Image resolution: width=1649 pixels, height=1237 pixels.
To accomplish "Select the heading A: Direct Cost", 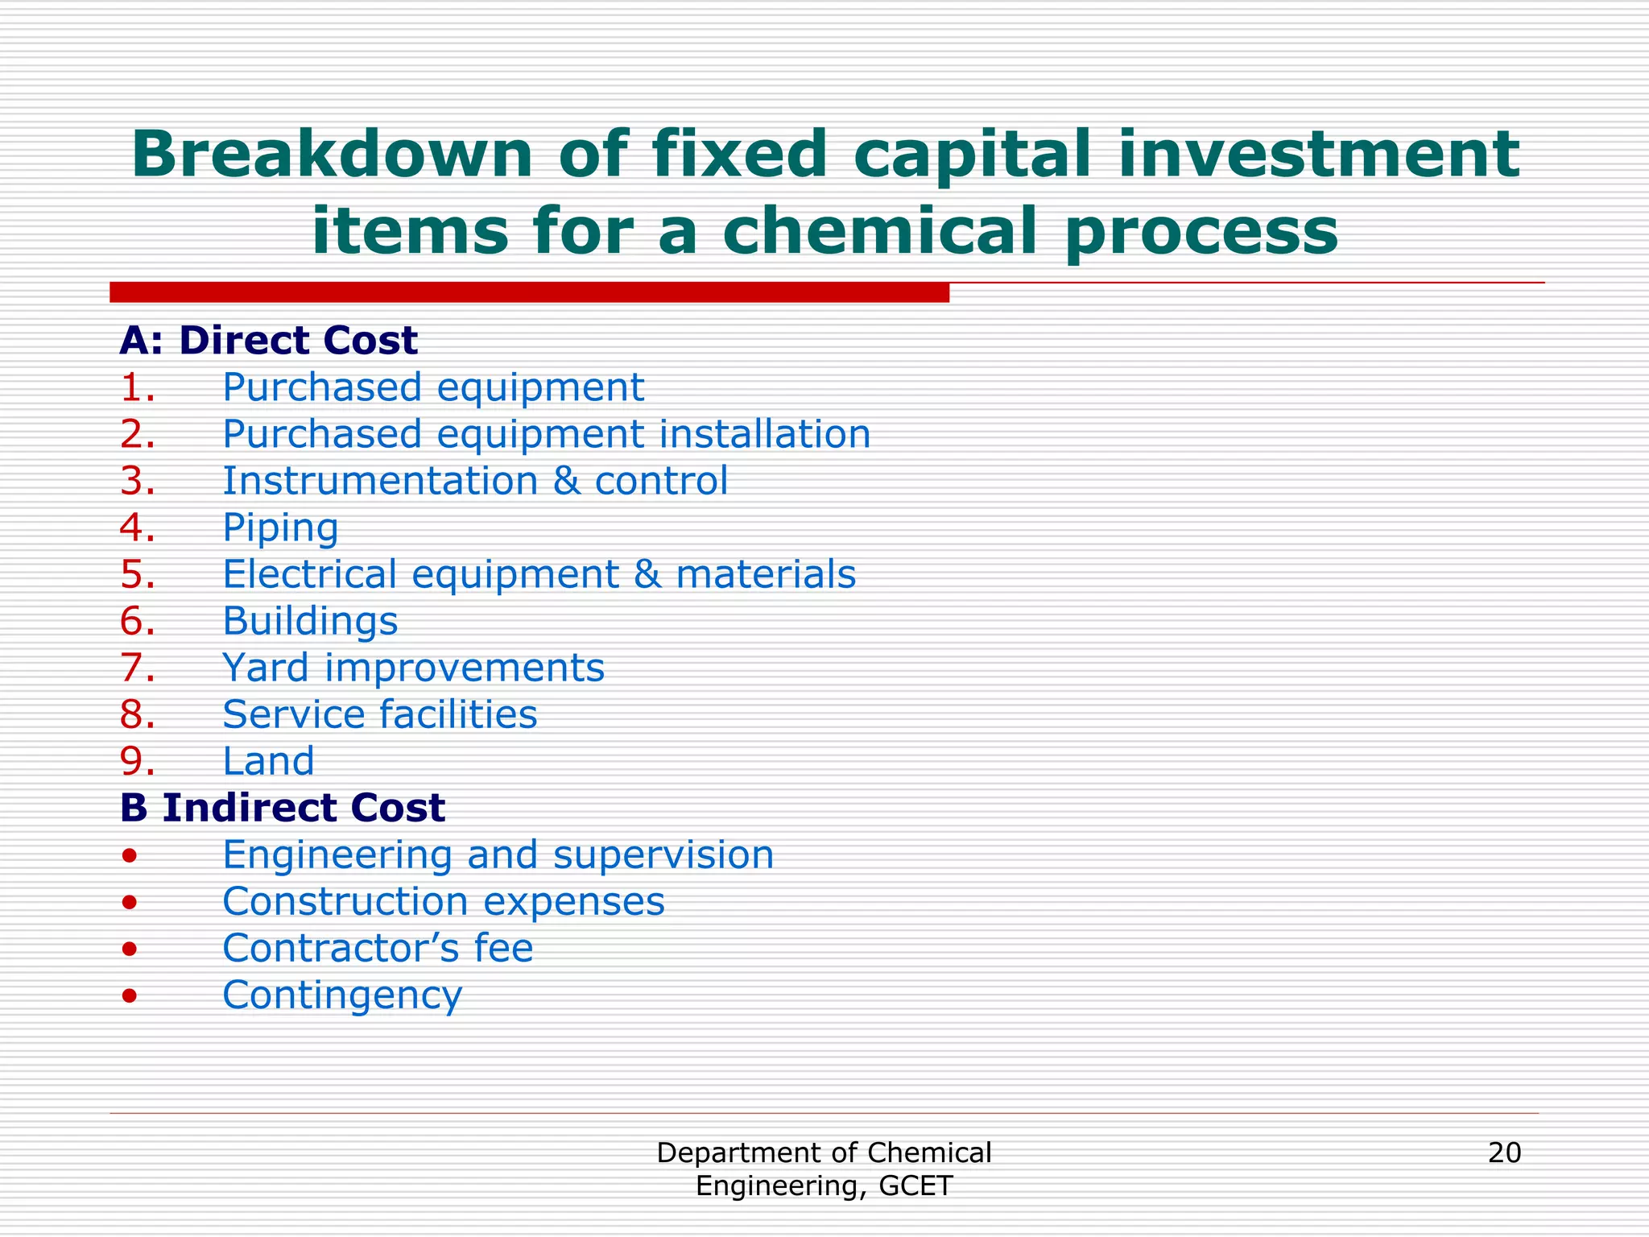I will pyautogui.click(x=268, y=341).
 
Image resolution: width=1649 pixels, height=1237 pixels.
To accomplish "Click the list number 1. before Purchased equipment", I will pyautogui.click(x=137, y=387).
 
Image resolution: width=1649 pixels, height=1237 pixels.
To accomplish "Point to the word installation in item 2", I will pyautogui.click(x=765, y=434).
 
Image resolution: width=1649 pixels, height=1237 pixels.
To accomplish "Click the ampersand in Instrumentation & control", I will pyautogui.click(x=566, y=481).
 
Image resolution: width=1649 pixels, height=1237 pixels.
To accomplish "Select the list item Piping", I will pyautogui.click(x=280, y=529).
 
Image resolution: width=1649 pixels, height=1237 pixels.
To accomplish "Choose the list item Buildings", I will pyautogui.click(x=310, y=622).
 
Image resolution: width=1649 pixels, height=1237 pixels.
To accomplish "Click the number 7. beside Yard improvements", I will pyautogui.click(x=137, y=668).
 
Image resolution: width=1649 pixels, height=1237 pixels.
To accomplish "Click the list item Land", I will pyautogui.click(x=268, y=761).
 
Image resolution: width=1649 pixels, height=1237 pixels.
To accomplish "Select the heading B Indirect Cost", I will pyautogui.click(x=282, y=808).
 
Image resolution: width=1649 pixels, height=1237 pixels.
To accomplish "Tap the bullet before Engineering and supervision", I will pyautogui.click(x=129, y=855).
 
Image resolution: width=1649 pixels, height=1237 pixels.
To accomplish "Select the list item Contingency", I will pyautogui.click(x=342, y=996).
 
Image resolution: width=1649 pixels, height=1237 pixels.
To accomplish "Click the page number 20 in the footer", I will pyautogui.click(x=1504, y=1153).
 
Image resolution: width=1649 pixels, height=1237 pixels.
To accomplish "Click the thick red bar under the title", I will pyautogui.click(x=529, y=292).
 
